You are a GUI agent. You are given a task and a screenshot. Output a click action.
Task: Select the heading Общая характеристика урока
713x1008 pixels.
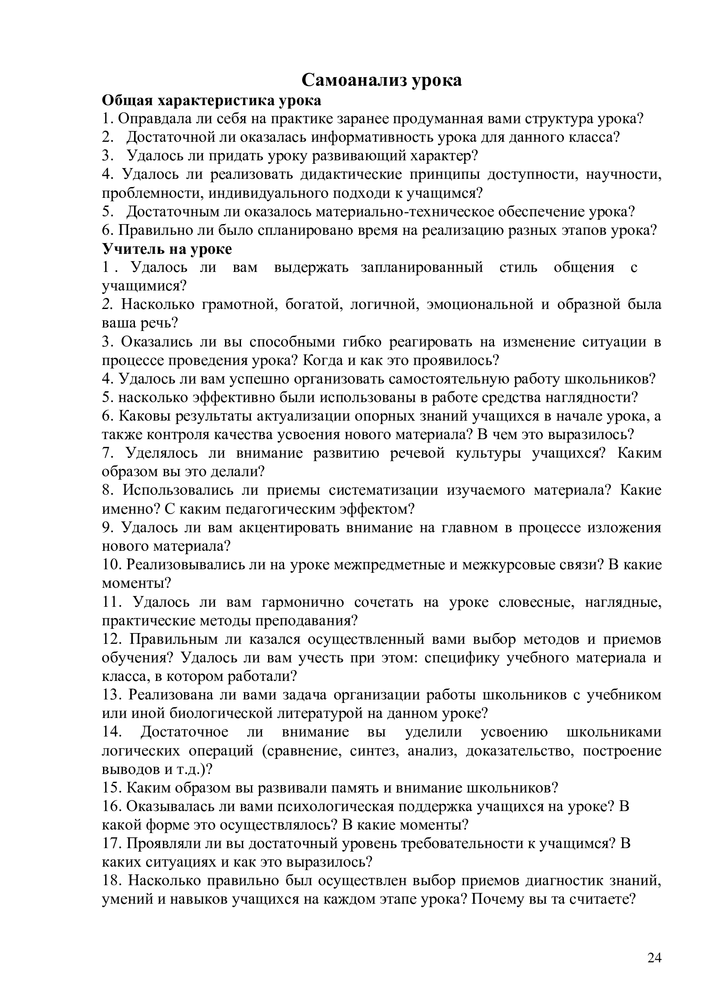click(x=211, y=100)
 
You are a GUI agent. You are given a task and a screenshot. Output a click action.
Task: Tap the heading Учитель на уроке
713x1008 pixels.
click(x=167, y=249)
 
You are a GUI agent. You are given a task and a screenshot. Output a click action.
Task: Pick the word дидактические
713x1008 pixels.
click(x=351, y=175)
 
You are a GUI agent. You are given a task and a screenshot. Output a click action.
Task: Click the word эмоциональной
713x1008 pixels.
click(x=479, y=305)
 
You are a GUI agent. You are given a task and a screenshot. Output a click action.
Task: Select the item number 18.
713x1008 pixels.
click(x=110, y=881)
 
